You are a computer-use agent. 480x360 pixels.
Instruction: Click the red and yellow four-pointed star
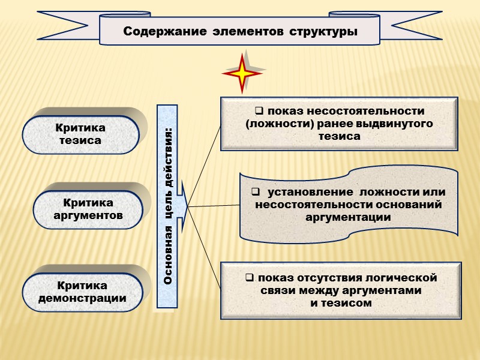pos(242,73)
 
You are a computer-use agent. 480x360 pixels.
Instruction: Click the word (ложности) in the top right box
pos(270,124)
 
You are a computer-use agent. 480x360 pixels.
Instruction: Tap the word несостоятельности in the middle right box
pos(310,205)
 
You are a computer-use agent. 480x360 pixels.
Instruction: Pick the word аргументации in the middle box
pos(348,217)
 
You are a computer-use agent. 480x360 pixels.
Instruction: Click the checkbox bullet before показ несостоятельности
pos(260,111)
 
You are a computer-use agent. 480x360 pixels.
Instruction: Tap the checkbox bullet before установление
pos(255,192)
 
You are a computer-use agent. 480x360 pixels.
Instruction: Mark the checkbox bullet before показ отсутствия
pos(248,278)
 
